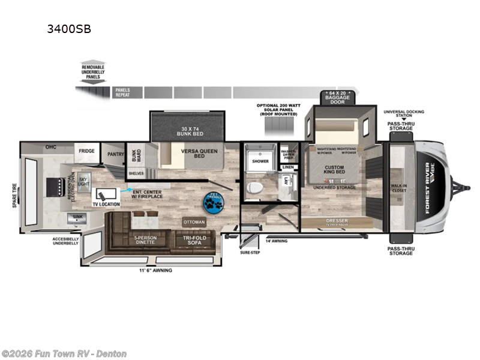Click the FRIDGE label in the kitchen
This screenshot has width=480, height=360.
tap(86, 151)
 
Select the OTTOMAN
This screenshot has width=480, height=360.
tap(194, 222)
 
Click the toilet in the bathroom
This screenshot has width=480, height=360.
tap(255, 187)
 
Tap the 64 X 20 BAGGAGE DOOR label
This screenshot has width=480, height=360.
tap(334, 97)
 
